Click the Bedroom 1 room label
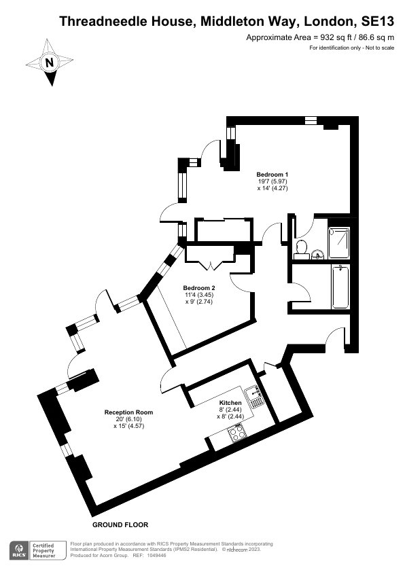pos(272,175)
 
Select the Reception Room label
pos(129,412)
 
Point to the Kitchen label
pos(230,403)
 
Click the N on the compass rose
pos(50,62)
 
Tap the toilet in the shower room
pos(302,249)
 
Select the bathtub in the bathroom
pos(340,287)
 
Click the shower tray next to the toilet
pos(339,243)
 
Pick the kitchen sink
pos(255,397)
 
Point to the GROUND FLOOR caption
pos(120,525)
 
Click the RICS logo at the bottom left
pos(20,550)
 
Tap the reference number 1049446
pos(156,556)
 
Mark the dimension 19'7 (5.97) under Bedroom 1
pos(272,181)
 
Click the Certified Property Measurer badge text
pos(43,550)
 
